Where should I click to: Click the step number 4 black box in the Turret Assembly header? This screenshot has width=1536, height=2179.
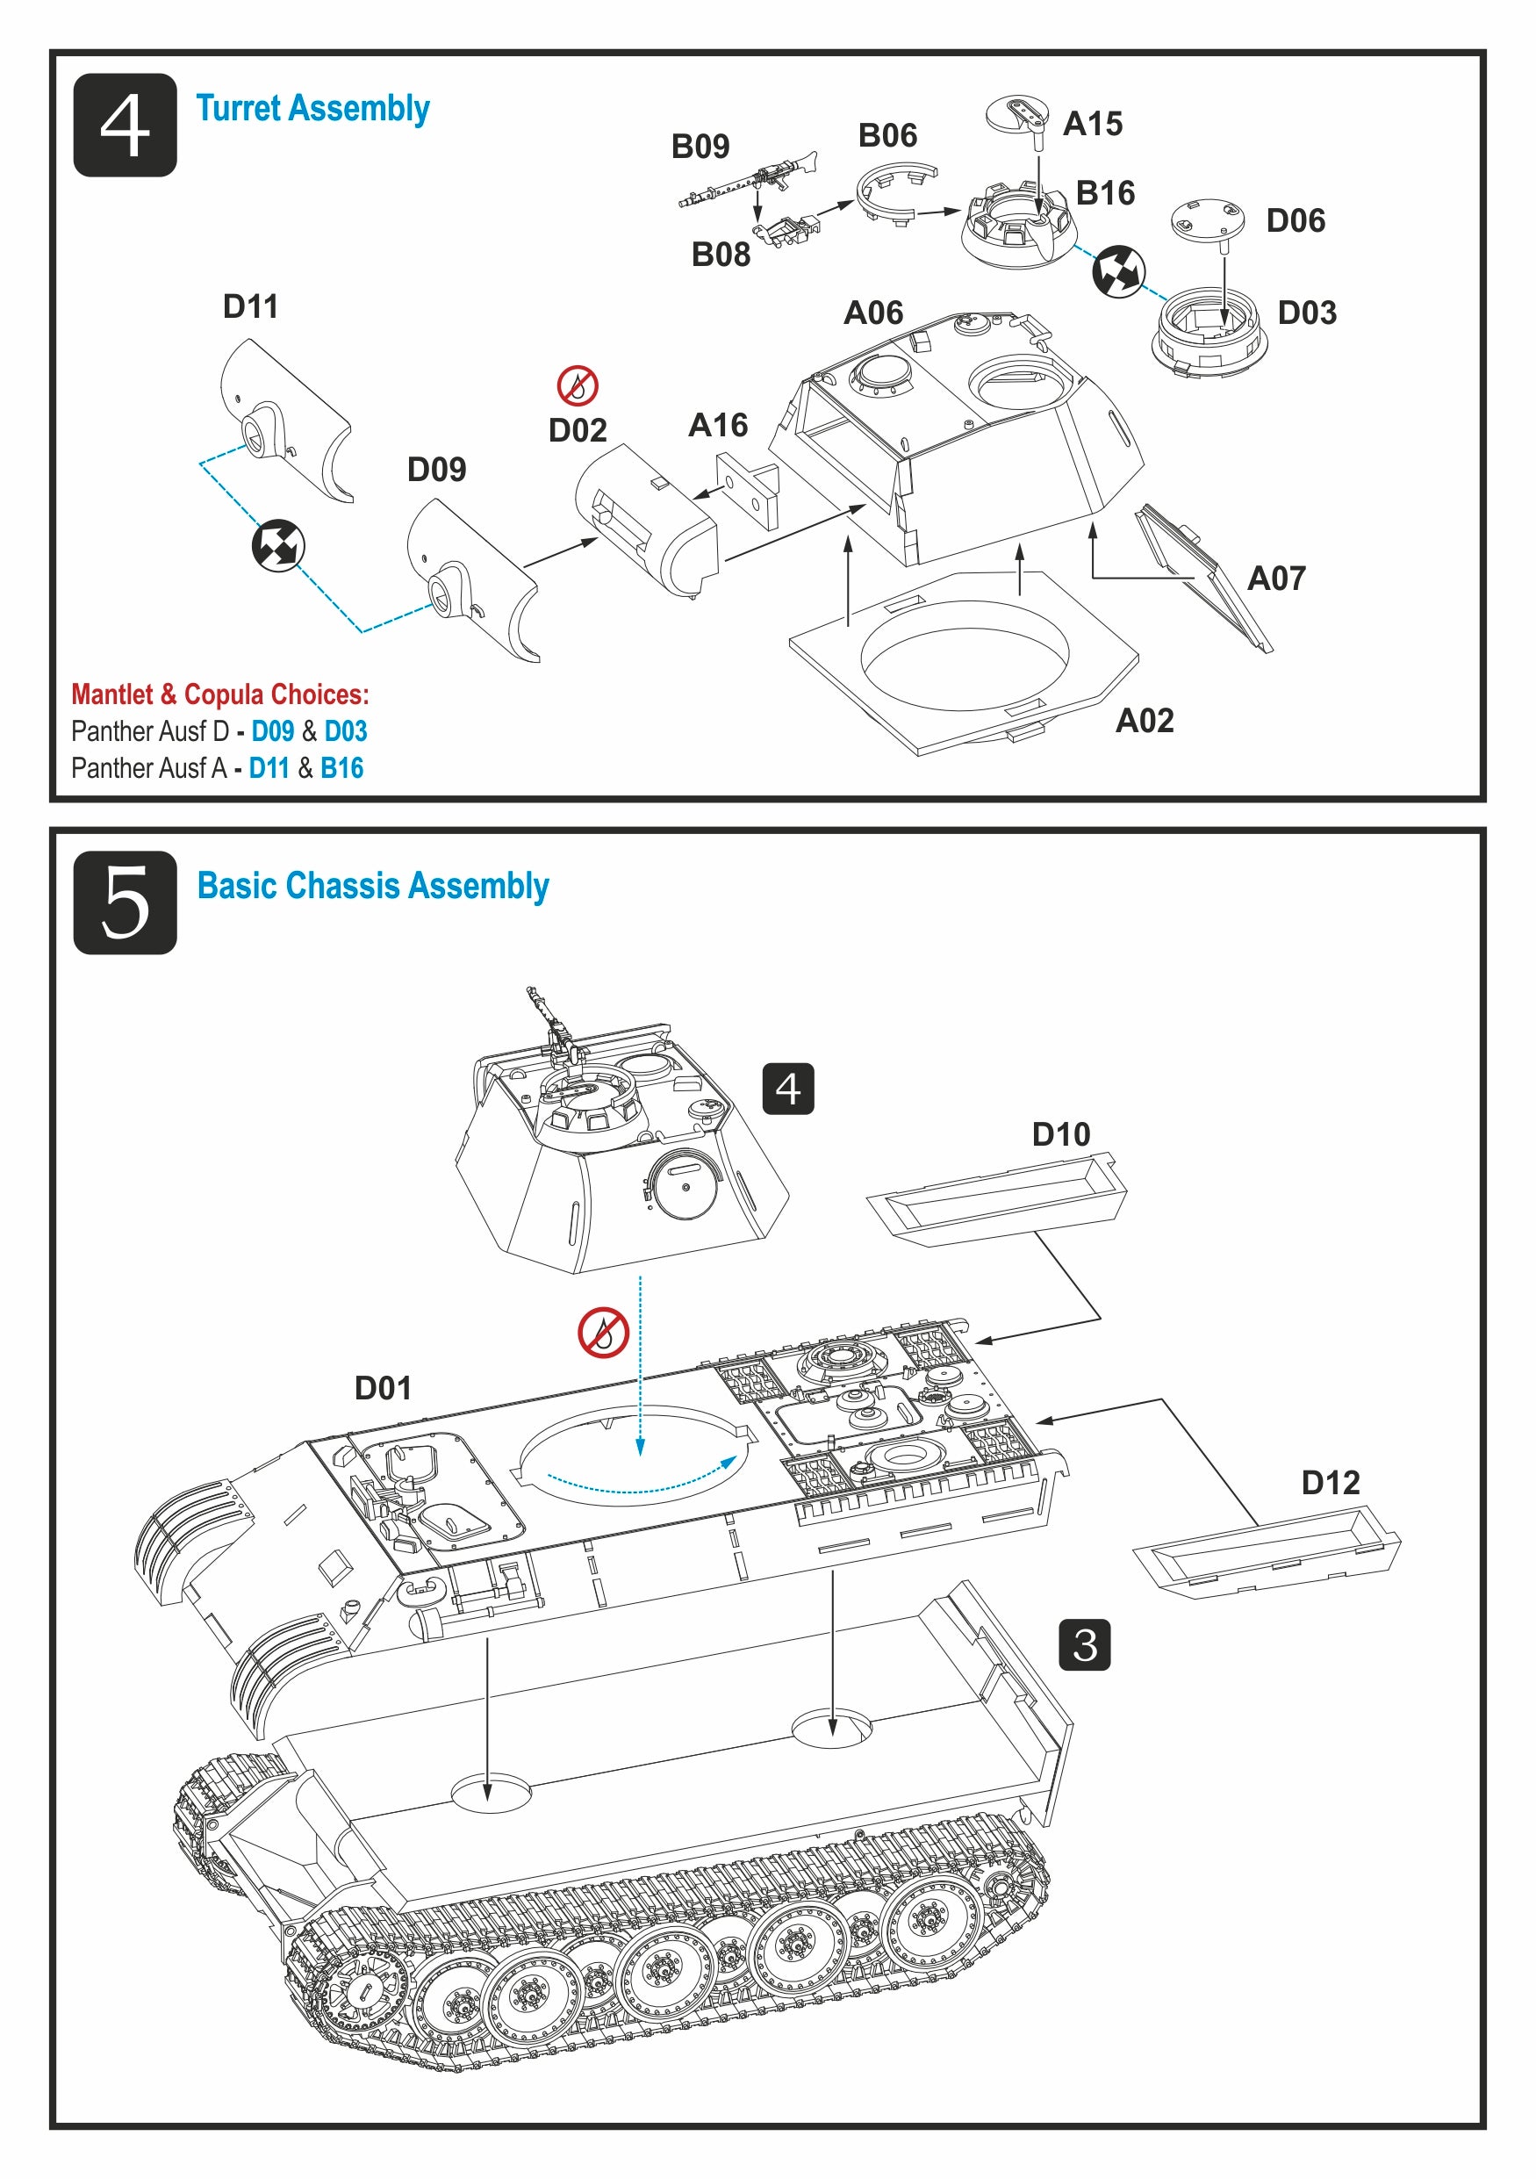coord(125,125)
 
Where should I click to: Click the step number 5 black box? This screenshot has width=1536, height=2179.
coord(125,902)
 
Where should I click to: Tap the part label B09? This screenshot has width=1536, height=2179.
coord(700,146)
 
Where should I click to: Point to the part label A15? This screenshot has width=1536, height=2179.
coord(1092,124)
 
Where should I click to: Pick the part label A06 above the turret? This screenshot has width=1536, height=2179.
coord(872,313)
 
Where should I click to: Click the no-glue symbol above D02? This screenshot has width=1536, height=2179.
coord(577,386)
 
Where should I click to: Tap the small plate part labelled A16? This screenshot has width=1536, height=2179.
coord(749,488)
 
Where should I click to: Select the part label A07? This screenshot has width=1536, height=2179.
coord(1276,578)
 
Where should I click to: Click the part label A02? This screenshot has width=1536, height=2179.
coord(1145,720)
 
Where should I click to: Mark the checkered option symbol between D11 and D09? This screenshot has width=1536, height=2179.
coord(278,546)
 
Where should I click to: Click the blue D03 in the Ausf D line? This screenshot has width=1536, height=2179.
coord(345,730)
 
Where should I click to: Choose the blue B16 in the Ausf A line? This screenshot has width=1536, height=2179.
coord(341,768)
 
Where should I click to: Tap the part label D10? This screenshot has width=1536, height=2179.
coord(1060,1134)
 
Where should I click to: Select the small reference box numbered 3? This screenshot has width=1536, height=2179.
coord(1083,1644)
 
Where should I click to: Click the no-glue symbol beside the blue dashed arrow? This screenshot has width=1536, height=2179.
coord(603,1333)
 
